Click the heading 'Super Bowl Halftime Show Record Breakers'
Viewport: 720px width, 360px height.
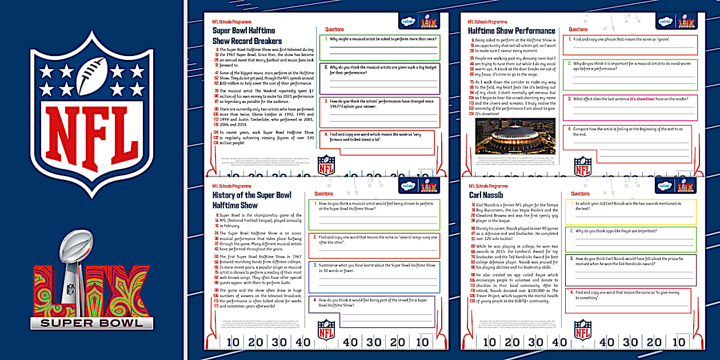coord(247,35)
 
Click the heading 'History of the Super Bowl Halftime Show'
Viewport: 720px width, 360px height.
coord(251,200)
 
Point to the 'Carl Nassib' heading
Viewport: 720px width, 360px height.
coord(486,195)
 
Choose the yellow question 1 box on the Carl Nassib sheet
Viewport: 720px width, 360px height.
coord(631,211)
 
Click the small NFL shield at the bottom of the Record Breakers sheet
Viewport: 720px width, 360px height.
coord(326,165)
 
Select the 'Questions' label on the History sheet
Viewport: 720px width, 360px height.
coord(324,194)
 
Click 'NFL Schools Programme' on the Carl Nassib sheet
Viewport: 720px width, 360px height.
coord(487,186)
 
